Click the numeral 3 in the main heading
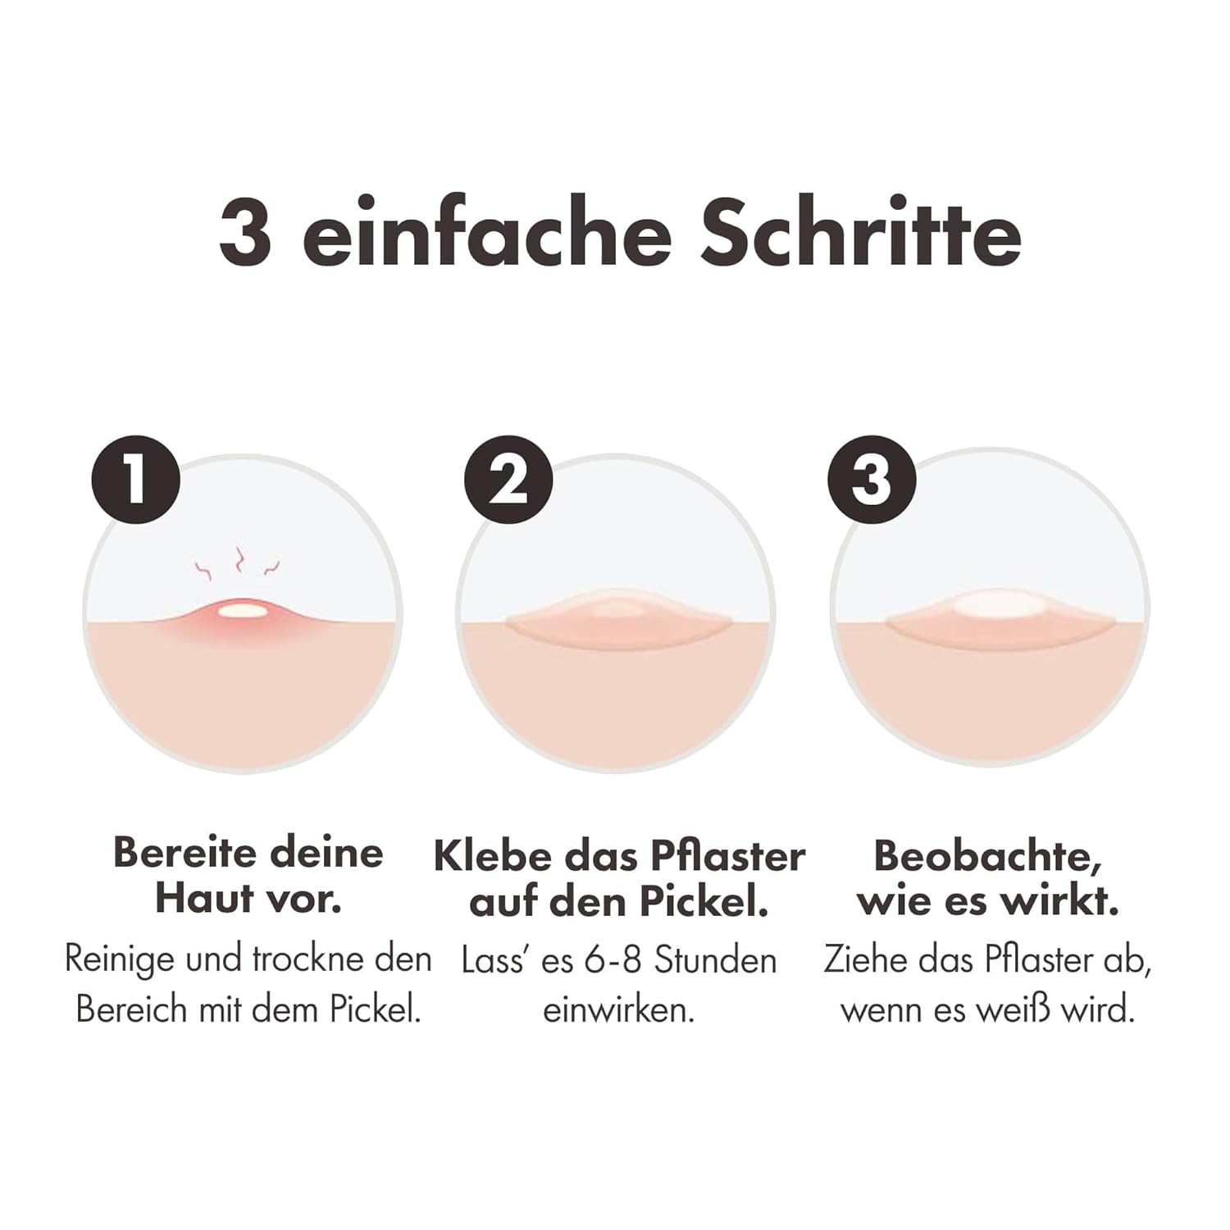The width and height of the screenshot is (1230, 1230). (245, 232)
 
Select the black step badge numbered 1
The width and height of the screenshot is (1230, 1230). (135, 480)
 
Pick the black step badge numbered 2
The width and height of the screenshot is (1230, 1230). (508, 480)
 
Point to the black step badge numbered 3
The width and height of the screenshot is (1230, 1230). (872, 480)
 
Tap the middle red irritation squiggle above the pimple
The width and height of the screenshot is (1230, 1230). (239, 560)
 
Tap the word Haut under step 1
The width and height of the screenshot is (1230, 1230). (203, 898)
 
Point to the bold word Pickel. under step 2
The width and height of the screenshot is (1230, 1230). (703, 901)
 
